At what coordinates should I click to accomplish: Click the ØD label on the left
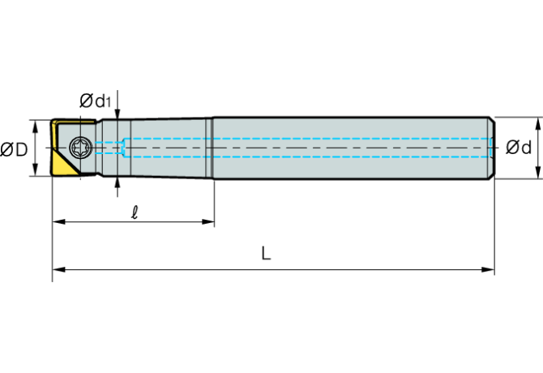15,149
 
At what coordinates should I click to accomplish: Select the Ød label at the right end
518,148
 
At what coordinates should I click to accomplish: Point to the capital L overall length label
266,254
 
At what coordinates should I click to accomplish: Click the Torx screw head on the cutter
80,148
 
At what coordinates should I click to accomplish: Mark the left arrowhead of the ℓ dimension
58,221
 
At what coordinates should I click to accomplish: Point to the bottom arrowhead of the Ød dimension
539,173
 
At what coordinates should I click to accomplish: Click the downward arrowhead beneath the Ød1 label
118,115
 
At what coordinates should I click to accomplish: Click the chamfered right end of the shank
491,148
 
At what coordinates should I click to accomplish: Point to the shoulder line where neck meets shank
212,148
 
